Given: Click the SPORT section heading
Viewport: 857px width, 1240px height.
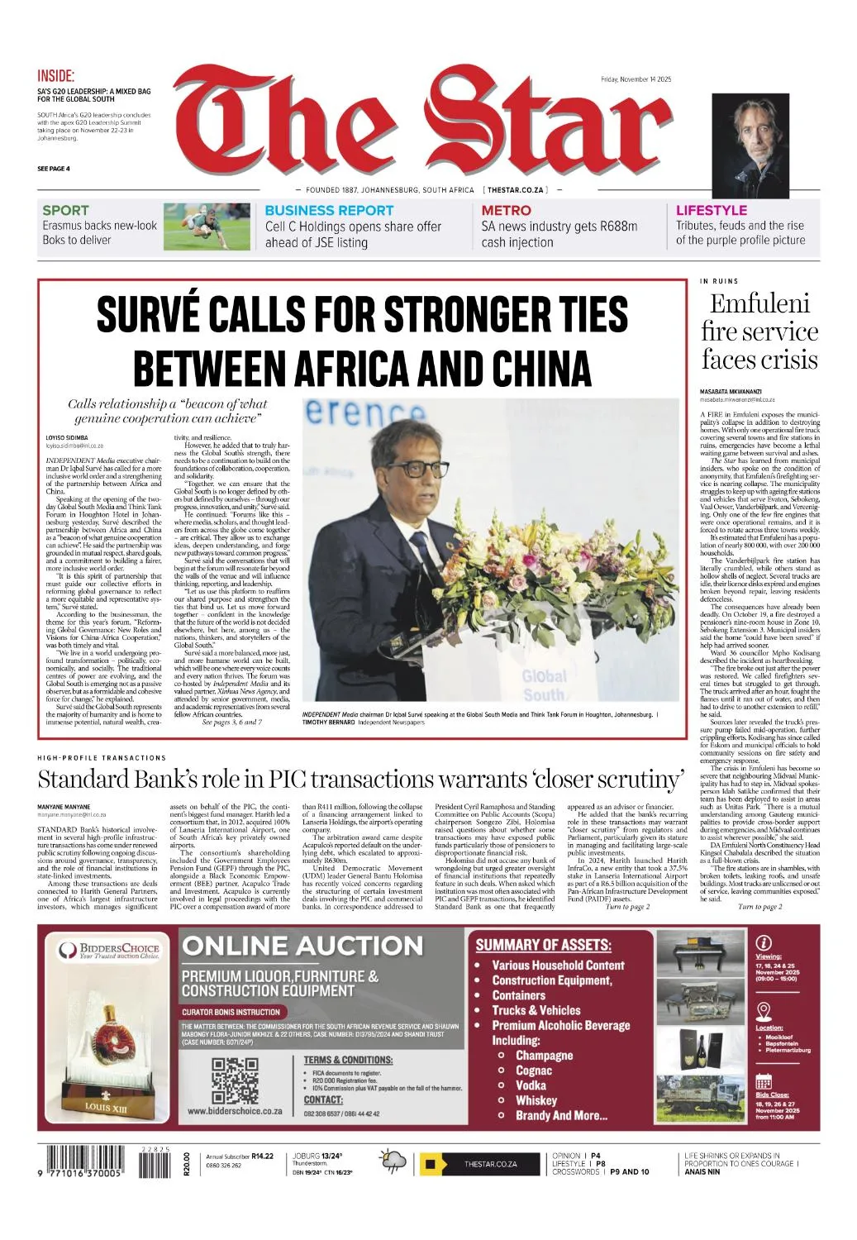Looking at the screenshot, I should tap(65, 211).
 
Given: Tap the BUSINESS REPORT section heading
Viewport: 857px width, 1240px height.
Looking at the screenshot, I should tap(329, 211).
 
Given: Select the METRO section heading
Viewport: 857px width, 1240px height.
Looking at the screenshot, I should tap(506, 211).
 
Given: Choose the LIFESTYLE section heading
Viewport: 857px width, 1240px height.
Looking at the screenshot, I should tap(711, 211).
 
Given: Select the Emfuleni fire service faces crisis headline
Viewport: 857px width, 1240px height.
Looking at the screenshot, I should tap(759, 331).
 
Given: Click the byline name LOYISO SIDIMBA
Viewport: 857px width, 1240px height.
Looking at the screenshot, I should tap(67, 437).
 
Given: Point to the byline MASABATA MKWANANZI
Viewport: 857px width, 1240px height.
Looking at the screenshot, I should tap(731, 391).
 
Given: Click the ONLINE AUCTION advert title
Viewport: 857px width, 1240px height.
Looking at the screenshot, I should tap(302, 945).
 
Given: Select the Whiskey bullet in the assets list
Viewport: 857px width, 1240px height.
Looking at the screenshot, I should tap(536, 1100).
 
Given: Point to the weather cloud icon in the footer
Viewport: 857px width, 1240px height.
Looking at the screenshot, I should tap(393, 1161).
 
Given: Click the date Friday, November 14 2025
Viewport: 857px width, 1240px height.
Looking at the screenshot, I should tap(636, 79).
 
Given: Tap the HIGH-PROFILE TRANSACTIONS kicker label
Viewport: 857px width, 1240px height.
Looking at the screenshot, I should tap(102, 757).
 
